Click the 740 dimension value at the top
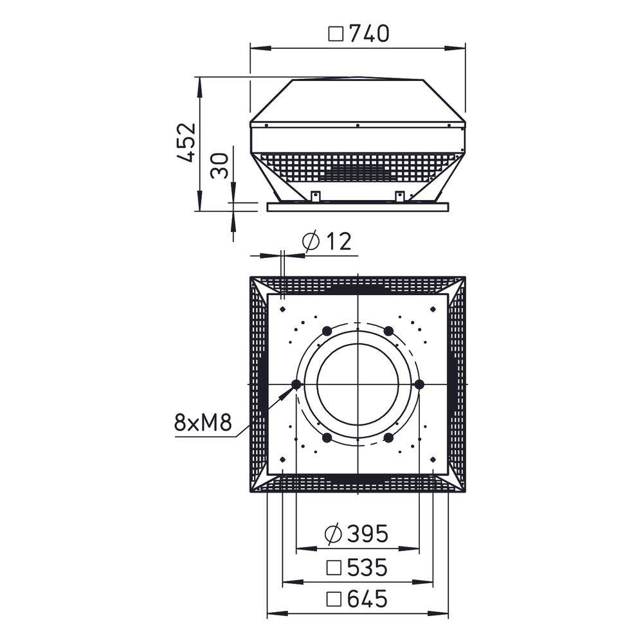tap(369, 33)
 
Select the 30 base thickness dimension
tap(220, 165)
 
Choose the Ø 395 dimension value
tap(367, 533)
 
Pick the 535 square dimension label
tap(367, 567)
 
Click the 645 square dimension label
tap(367, 599)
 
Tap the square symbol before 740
tap(336, 33)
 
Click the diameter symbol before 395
tap(334, 533)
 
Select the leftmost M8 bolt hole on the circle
tap(296, 385)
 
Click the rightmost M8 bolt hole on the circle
tap(420, 385)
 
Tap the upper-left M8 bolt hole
tap(327, 331)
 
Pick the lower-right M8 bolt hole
tap(388, 438)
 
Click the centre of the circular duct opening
tap(358, 385)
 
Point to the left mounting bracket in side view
tap(316, 195)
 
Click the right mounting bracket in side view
tap(400, 195)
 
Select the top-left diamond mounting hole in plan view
tap(282, 309)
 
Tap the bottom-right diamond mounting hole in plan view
tap(434, 459)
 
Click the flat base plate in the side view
tap(358, 207)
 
